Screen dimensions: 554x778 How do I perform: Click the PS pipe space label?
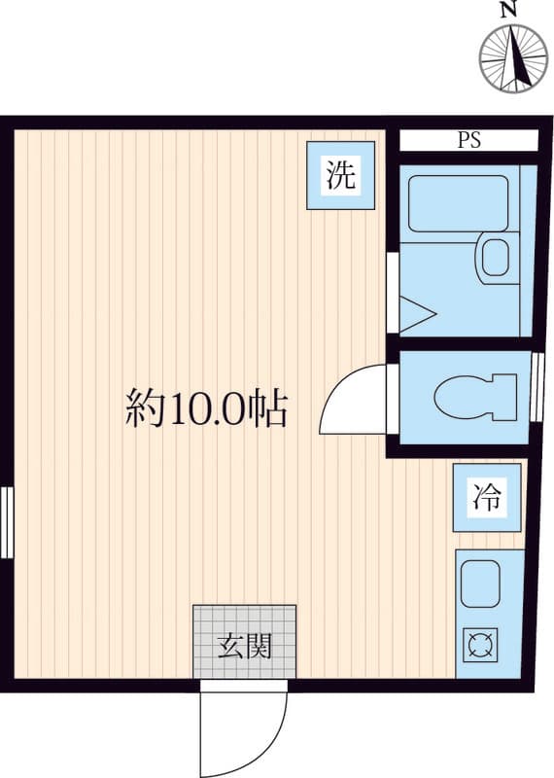click(x=468, y=140)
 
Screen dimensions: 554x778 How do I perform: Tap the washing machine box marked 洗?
click(x=340, y=175)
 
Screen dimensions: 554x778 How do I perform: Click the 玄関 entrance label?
click(x=245, y=647)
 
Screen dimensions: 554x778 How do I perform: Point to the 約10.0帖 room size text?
click(x=206, y=408)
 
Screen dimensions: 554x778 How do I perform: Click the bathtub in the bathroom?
click(x=458, y=203)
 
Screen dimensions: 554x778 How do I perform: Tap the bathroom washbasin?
click(x=493, y=259)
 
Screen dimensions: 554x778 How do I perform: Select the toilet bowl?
click(x=474, y=398)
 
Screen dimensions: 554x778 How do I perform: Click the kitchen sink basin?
click(x=479, y=585)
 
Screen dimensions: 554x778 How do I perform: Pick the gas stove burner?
click(x=479, y=645)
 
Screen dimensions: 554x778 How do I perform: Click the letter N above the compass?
click(x=506, y=10)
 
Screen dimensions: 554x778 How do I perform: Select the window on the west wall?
click(x=7, y=522)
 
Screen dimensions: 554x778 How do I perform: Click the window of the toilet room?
click(x=537, y=387)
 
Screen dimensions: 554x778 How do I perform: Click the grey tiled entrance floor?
click(x=245, y=642)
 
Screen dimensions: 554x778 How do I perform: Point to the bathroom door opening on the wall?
click(x=393, y=293)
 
